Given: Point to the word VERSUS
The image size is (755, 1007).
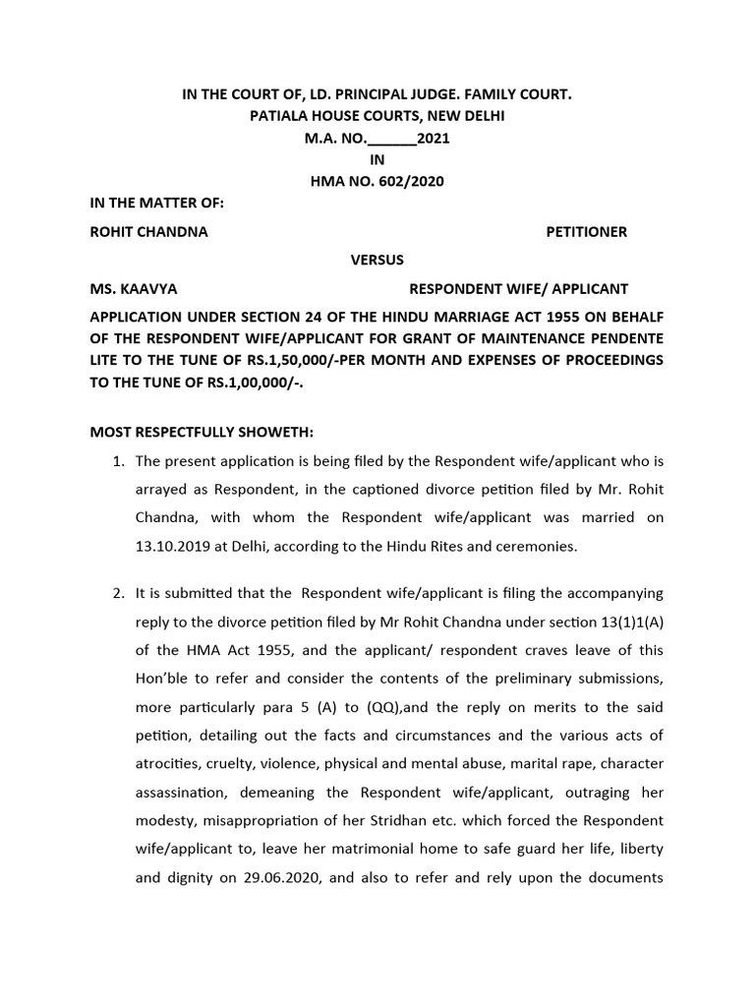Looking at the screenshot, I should tap(377, 260).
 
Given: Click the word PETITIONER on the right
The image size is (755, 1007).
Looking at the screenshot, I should tap(586, 232).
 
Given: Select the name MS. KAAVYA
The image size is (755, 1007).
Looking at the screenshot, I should tap(134, 289).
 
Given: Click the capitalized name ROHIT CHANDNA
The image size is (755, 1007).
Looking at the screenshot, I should tap(148, 232).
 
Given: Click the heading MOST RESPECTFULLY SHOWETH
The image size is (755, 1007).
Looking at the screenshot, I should tap(203, 432).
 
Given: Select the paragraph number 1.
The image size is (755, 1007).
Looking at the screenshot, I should tap(115, 460).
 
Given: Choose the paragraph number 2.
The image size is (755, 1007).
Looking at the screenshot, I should tap(115, 593).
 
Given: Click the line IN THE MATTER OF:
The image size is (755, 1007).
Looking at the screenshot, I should tap(157, 204).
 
